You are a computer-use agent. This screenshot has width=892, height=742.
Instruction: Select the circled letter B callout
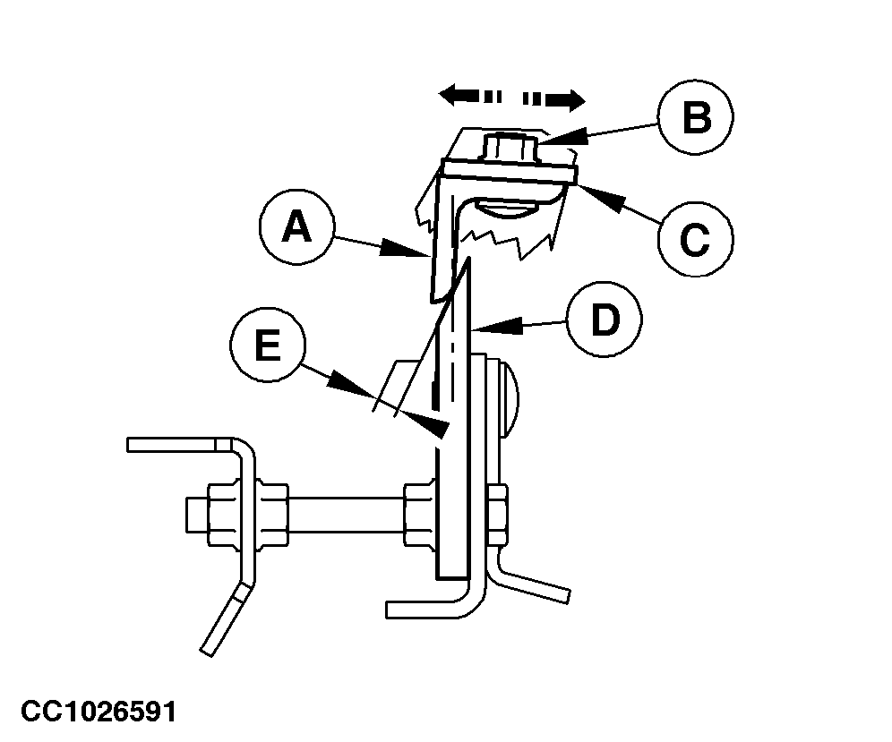click(696, 116)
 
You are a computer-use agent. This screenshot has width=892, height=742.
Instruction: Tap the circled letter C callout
click(695, 239)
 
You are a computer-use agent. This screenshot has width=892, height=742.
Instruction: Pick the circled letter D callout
click(605, 319)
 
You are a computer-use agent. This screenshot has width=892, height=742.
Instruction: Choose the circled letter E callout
click(268, 345)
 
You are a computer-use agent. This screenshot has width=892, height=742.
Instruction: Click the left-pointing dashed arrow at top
click(470, 96)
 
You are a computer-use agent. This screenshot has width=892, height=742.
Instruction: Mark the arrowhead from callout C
click(602, 197)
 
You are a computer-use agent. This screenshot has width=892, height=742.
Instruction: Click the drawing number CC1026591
click(99, 712)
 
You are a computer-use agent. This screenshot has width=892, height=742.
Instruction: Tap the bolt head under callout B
click(510, 148)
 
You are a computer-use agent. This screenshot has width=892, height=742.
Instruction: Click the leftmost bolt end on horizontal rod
click(197, 516)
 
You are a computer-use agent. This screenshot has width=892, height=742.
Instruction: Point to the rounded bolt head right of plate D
click(509, 398)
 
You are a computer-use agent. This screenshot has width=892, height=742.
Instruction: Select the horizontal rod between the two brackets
click(347, 516)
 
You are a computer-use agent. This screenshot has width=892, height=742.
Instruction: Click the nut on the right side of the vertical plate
click(497, 516)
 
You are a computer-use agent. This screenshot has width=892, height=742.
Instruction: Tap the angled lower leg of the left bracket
click(226, 619)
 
